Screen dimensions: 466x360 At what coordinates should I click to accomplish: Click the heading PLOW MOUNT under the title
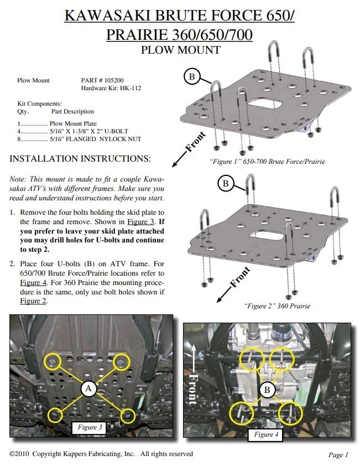pyautogui.click(x=180, y=50)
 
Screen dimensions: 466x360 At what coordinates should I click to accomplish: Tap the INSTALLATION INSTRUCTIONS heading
pyautogui.click(x=80, y=159)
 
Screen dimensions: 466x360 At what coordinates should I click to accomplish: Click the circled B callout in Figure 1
pyautogui.click(x=192, y=77)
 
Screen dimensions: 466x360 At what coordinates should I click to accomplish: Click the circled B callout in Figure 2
pyautogui.click(x=225, y=183)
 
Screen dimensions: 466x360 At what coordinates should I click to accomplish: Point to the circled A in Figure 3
pyautogui.click(x=88, y=390)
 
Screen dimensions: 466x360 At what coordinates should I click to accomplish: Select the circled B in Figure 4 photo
pyautogui.click(x=267, y=390)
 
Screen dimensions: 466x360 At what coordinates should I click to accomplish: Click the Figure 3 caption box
pyautogui.click(x=90, y=427)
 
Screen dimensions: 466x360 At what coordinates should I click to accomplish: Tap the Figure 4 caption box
pyautogui.click(x=266, y=434)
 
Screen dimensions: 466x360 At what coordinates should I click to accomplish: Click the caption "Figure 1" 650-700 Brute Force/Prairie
pyautogui.click(x=267, y=162)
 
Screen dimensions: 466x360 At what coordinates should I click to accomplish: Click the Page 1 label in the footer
pyautogui.click(x=338, y=455)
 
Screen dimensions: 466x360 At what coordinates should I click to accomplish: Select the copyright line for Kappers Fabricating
pyautogui.click(x=102, y=454)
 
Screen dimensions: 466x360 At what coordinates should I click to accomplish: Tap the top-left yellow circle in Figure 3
pyautogui.click(x=54, y=363)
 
